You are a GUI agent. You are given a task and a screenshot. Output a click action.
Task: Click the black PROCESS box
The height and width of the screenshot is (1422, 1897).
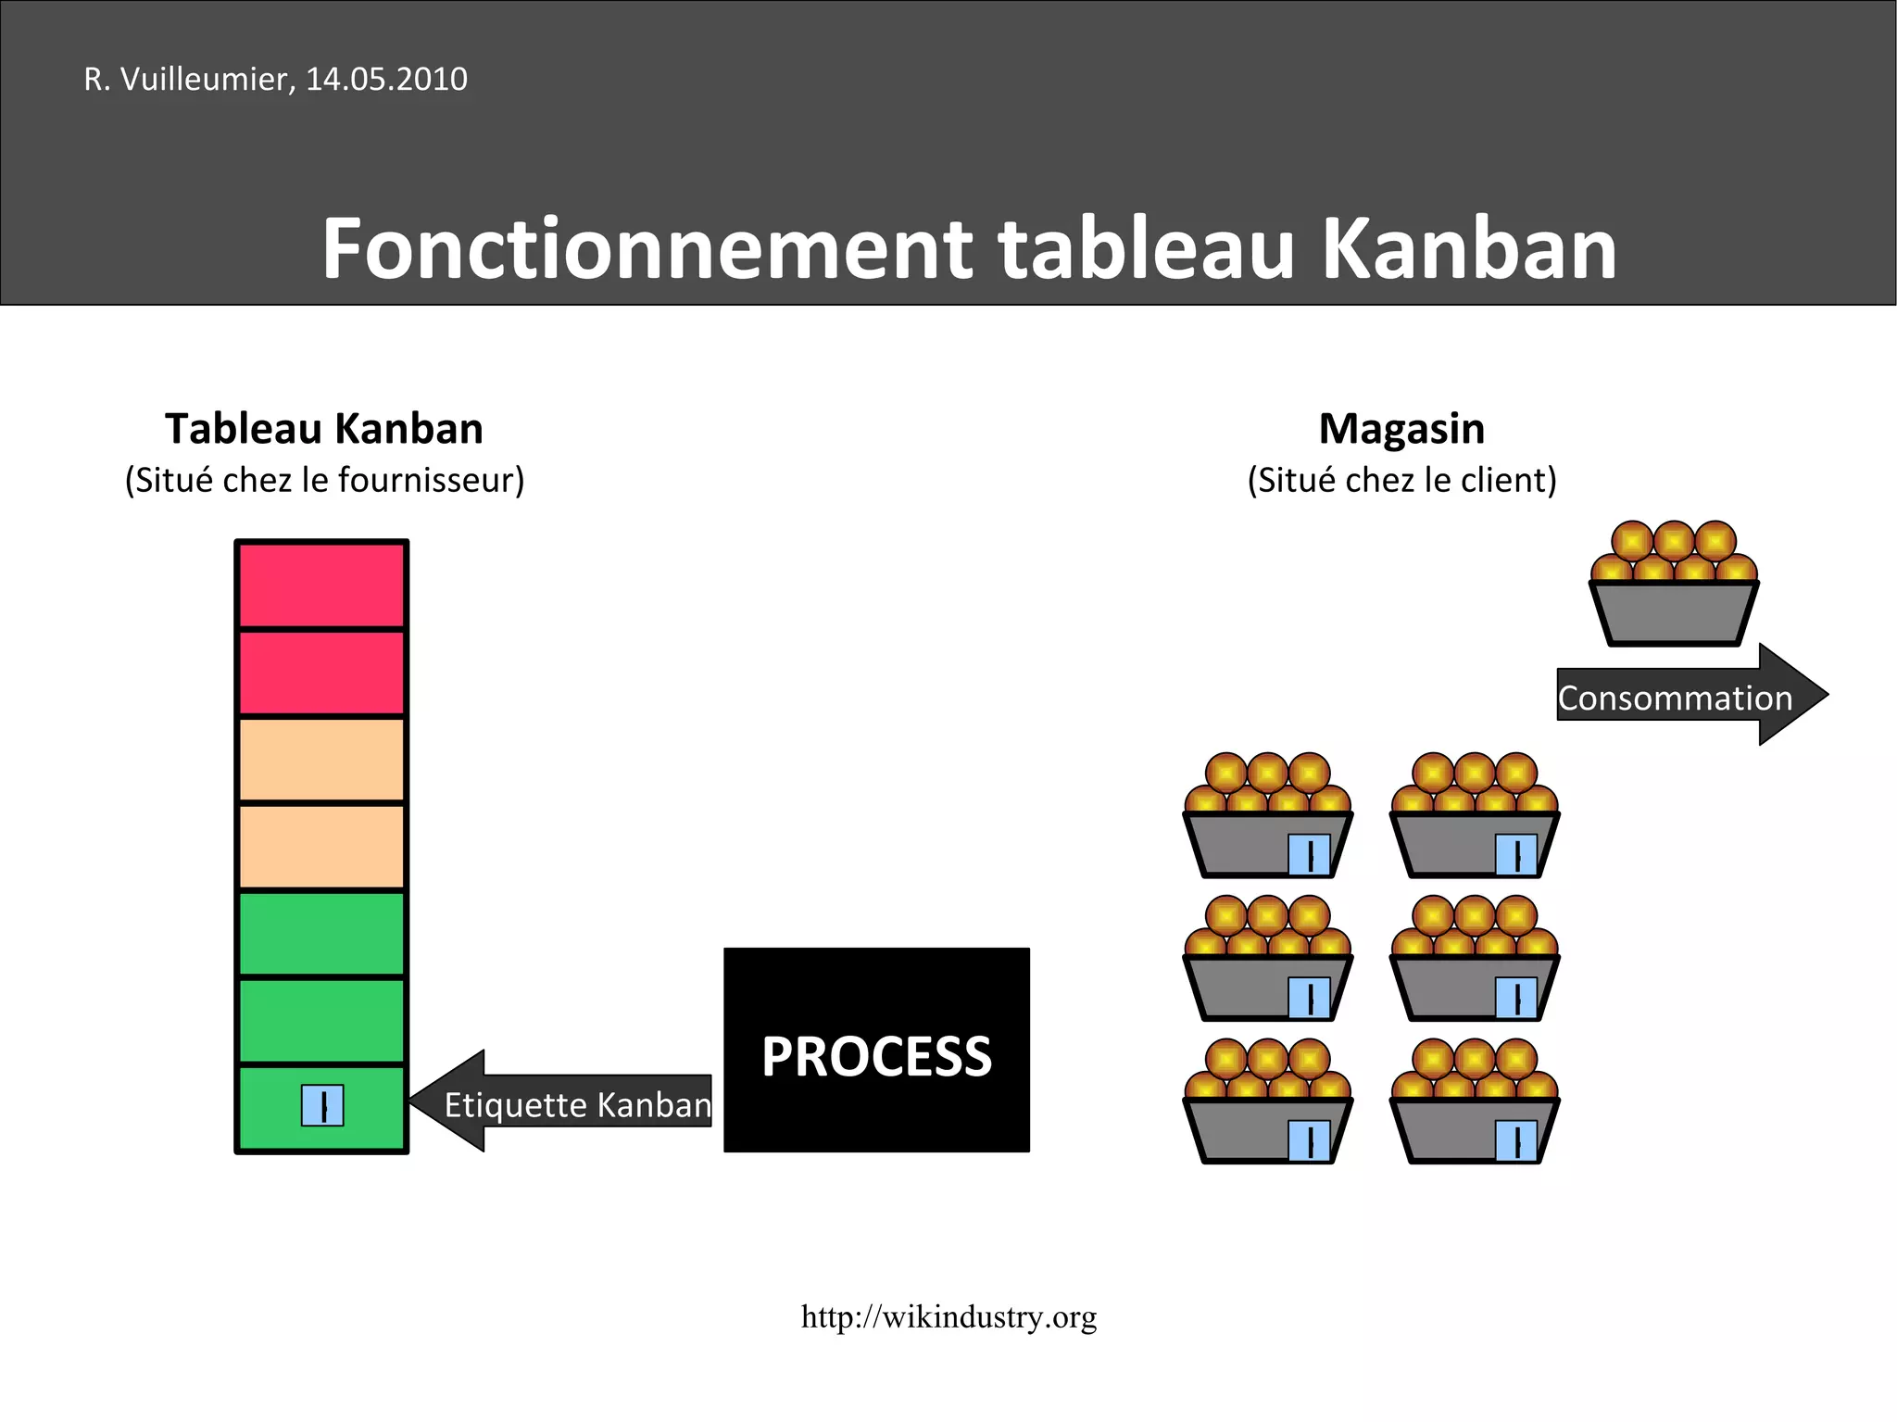tap(876, 1050)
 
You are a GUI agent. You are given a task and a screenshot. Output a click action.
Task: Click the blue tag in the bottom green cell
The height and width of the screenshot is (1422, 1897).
tap(322, 1105)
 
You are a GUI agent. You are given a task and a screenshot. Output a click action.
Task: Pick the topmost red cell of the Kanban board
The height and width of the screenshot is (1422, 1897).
tap(321, 585)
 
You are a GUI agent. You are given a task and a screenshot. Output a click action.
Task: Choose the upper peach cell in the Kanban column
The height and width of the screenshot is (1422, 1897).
tap(321, 760)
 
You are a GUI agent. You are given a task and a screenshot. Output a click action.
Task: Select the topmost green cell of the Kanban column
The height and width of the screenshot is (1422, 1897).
tap(321, 933)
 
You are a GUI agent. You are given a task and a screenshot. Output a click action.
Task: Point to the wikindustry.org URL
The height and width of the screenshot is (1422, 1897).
tap(948, 1316)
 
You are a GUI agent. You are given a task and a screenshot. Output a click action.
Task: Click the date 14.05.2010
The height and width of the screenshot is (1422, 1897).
tap(386, 80)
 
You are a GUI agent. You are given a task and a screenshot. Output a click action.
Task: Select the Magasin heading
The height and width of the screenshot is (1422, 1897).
tap(1401, 429)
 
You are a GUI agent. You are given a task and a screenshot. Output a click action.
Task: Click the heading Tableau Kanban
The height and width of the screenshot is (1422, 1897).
tap(324, 429)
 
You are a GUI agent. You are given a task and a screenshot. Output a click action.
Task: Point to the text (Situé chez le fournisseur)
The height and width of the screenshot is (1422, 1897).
tap(324, 480)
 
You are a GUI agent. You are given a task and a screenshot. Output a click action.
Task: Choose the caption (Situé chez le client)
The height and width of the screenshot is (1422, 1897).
tap(1401, 480)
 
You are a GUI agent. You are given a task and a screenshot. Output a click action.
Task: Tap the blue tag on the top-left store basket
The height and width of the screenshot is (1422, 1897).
tap(1310, 854)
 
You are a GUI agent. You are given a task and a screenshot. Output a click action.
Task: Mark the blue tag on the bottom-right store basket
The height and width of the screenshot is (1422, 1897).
tap(1516, 1140)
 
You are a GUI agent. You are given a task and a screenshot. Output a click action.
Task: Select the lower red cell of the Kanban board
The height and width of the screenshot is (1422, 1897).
tap(321, 673)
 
